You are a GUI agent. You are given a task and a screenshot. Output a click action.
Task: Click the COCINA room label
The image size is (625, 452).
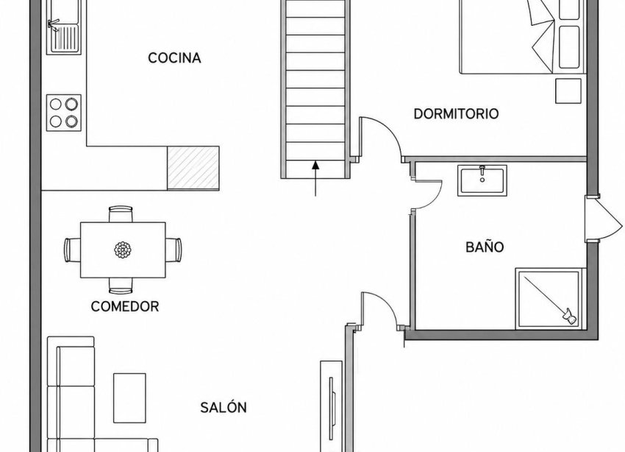[174, 58]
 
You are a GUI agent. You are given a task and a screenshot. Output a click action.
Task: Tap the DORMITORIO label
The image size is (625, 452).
[456, 114]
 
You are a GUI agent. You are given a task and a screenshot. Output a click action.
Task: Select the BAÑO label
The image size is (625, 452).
[485, 247]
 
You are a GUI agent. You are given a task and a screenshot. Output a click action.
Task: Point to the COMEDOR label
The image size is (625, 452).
[125, 306]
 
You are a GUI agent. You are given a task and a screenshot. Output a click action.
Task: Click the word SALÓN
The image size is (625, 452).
[224, 407]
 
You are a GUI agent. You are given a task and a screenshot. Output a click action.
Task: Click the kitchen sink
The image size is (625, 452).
[64, 27]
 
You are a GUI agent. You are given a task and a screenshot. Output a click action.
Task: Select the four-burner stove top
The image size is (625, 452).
[64, 113]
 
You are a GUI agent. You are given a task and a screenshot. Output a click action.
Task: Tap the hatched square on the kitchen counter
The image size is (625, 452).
[193, 168]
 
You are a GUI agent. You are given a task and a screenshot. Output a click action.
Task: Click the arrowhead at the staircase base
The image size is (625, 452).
[315, 164]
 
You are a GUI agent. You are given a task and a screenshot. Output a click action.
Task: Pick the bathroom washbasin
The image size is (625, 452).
[482, 180]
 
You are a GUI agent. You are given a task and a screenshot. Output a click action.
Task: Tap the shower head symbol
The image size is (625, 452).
[569, 315]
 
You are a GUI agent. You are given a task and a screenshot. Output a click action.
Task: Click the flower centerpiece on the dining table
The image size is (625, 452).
[123, 250]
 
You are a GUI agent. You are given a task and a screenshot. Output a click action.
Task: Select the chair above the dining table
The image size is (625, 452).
[121, 213]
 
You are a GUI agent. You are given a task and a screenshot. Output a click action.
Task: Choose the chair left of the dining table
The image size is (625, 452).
[72, 250]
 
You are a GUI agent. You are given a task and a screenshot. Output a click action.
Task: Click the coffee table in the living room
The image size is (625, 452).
[129, 398]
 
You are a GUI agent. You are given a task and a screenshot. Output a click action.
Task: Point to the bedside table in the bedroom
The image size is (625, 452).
[568, 91]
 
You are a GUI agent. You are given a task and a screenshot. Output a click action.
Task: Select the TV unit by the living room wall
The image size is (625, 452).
[332, 406]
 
